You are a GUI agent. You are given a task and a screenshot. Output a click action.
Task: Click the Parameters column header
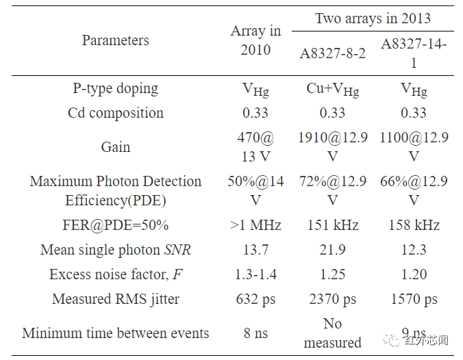115,40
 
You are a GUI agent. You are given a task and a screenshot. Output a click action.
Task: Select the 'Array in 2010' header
255,40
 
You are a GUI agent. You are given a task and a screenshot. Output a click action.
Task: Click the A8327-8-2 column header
333,53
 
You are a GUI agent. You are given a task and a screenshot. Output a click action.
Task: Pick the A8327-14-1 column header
414,53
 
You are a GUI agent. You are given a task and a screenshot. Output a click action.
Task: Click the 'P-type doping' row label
115,88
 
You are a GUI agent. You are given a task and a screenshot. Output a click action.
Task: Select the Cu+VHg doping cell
332,89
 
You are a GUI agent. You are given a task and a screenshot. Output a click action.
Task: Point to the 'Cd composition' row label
115,113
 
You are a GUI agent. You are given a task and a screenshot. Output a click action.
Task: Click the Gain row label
115,147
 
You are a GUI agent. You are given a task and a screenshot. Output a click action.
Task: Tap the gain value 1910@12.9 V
332,147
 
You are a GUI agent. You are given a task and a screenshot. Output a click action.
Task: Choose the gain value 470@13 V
255,147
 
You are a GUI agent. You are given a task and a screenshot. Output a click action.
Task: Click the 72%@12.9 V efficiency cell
332,191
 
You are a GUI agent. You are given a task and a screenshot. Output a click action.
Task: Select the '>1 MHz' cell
255,225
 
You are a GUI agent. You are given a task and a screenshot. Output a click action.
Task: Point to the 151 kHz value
332,225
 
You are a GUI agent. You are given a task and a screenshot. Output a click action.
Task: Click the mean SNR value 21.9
332,250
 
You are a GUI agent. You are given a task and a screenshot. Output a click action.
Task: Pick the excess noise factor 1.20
413,274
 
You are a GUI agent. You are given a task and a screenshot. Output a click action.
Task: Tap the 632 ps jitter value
255,299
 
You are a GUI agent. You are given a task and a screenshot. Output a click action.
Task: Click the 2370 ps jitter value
332,299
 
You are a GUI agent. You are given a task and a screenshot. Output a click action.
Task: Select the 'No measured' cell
332,333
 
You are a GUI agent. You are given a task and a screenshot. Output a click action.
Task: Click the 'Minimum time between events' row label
115,333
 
